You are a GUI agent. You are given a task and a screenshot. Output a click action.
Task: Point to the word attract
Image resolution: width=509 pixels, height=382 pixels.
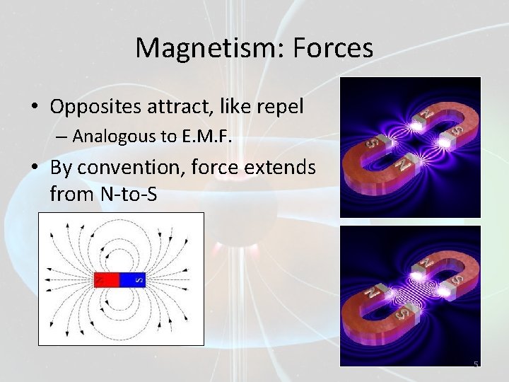168,107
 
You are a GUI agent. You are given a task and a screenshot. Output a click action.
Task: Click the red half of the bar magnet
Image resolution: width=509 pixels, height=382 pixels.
107,279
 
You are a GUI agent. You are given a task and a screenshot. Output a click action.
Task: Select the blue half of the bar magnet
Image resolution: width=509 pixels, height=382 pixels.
132,279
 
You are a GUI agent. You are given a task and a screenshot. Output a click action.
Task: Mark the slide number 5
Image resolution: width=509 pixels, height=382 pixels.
476,364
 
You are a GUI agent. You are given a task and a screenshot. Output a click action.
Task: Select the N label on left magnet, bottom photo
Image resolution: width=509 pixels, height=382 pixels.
369,291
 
